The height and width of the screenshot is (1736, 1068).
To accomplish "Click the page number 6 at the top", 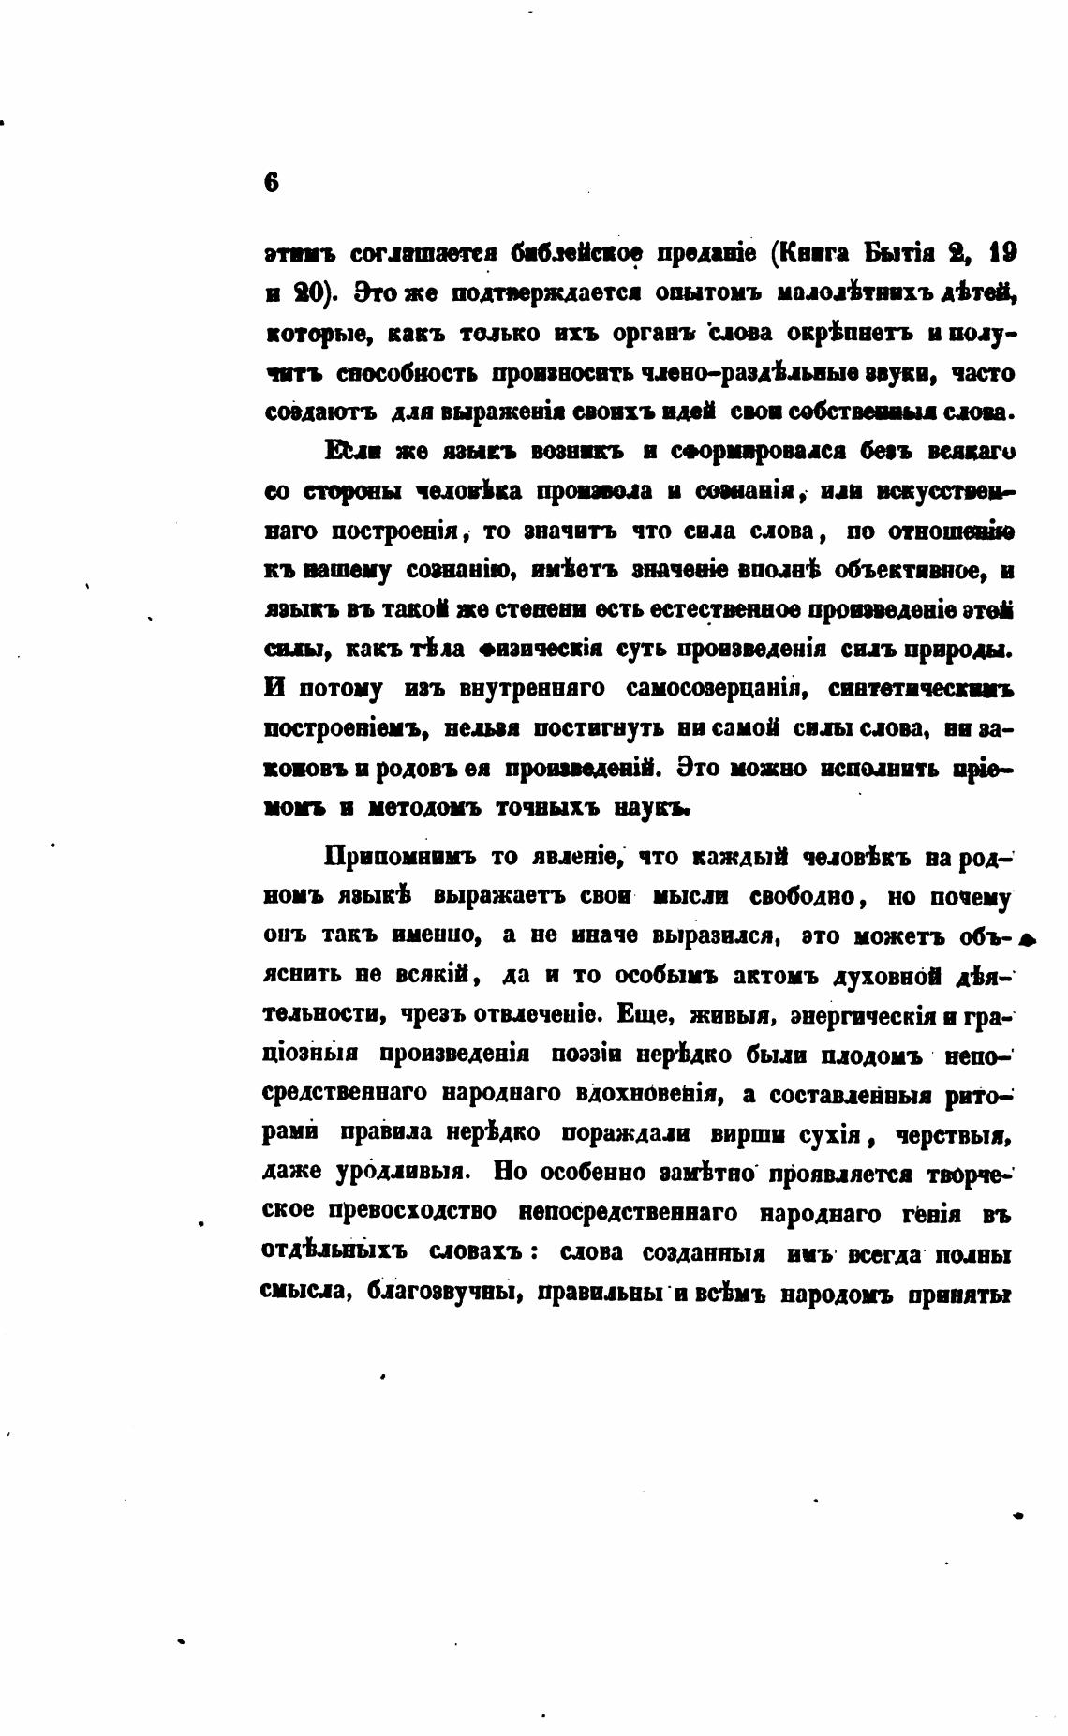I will [272, 184].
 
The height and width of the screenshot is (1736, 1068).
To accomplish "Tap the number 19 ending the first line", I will [1001, 253].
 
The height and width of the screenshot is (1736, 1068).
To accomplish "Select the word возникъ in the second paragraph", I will [574, 452].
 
